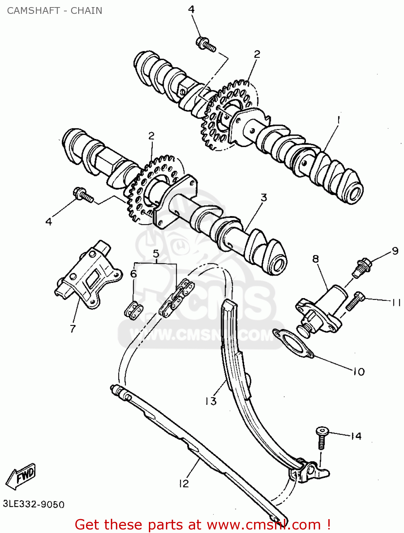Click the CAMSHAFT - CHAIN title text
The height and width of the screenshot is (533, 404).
(54, 11)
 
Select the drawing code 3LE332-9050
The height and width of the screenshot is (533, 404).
(34, 504)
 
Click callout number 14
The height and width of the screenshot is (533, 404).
(356, 436)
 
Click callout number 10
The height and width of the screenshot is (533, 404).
(359, 372)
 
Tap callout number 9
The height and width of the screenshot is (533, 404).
(395, 251)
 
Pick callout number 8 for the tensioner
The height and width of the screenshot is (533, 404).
(316, 259)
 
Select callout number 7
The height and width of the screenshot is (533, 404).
(73, 328)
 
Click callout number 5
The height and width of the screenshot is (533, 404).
(156, 254)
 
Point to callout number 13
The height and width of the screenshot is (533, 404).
(211, 401)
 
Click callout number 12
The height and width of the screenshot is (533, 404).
(184, 484)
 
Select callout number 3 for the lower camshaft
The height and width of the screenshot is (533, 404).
(263, 198)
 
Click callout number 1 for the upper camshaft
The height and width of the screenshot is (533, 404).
(339, 120)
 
